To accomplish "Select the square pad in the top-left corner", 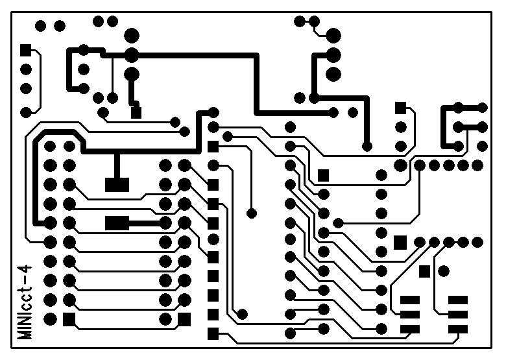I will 26,50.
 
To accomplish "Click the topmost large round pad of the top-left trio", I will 132,34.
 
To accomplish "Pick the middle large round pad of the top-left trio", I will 132,54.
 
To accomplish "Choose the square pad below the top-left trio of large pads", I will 136,112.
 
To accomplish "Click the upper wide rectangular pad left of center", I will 117,184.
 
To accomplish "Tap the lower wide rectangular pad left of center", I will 117,223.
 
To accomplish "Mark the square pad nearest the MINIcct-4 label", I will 69,319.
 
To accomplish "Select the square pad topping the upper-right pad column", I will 401,107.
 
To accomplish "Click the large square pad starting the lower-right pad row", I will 400,242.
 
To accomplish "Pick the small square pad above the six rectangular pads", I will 424,270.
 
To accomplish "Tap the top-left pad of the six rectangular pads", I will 410,300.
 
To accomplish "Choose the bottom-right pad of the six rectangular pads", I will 458,329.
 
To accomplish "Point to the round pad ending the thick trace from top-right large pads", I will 367,146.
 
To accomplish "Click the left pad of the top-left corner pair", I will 40,26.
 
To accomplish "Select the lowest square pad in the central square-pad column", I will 213,334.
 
